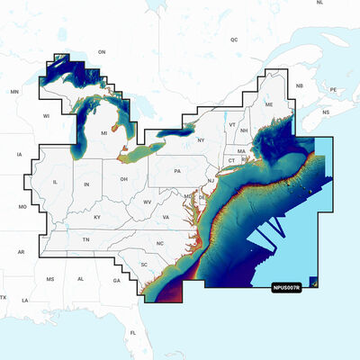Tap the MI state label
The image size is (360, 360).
[103, 133]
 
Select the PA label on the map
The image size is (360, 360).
[178, 171]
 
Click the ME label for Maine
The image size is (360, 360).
[268, 105]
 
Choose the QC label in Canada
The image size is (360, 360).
[234, 40]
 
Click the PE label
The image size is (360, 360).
[332, 90]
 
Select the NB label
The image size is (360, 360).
[300, 85]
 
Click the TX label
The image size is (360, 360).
[4, 297]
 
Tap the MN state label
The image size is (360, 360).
[14, 92]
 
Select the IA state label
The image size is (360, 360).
[19, 155]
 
